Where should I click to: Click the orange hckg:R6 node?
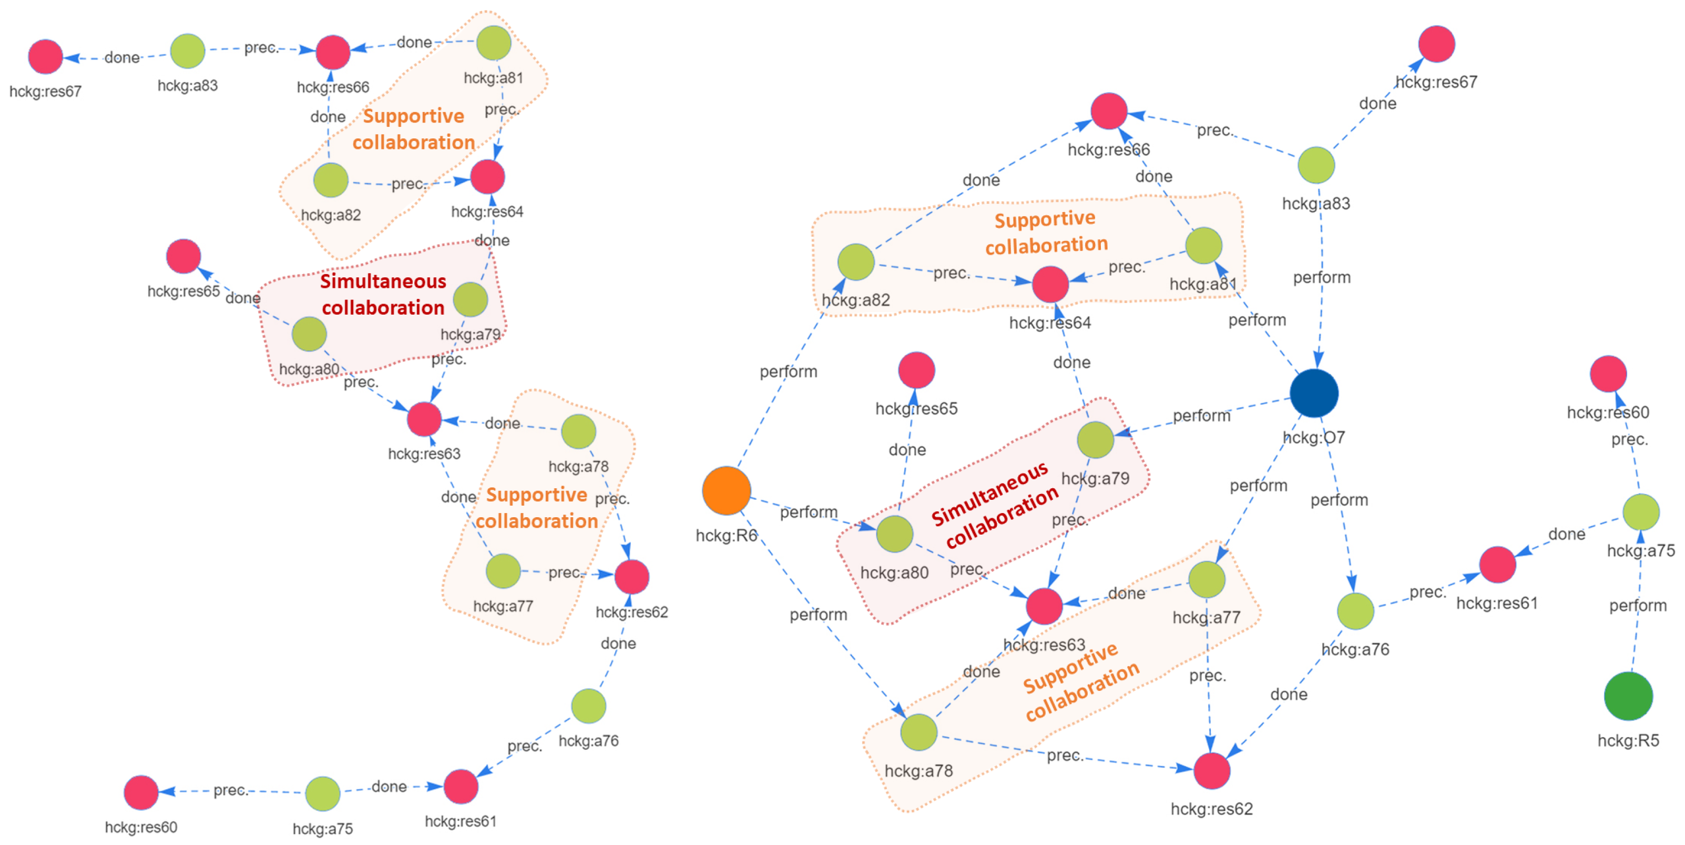tap(726, 490)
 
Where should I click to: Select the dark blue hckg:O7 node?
tap(1313, 393)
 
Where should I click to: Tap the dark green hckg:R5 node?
tap(1628, 696)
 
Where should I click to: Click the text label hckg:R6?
tap(726, 536)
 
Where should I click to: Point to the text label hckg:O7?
tap(1313, 437)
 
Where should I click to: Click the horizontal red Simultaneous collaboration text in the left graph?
tap(383, 295)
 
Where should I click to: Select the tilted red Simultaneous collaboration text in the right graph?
tap(994, 504)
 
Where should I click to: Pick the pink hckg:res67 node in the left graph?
tap(45, 56)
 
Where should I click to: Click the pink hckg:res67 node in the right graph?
tap(1436, 44)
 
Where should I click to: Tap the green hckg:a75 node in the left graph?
tap(322, 793)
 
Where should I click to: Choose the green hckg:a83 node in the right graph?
tap(1315, 165)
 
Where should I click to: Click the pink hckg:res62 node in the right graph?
tap(1211, 770)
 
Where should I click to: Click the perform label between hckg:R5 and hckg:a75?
tap(1637, 606)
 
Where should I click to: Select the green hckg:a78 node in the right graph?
tap(918, 732)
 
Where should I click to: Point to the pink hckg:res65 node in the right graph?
tap(916, 370)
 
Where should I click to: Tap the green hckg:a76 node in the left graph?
tap(588, 706)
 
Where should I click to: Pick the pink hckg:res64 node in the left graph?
tap(487, 177)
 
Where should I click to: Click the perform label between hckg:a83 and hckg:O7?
tap(1321, 277)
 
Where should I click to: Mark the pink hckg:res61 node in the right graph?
tap(1497, 564)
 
